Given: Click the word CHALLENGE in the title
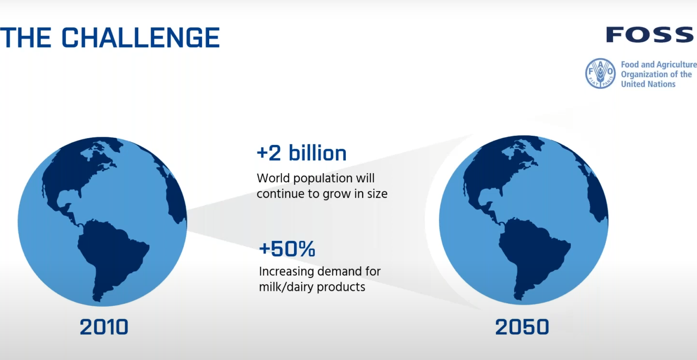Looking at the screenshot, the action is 141,38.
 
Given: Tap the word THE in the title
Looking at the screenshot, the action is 25,38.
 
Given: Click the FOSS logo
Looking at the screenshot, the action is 650,35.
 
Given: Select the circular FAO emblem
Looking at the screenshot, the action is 600,73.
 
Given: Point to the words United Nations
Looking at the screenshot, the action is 648,84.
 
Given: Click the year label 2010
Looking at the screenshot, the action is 104,327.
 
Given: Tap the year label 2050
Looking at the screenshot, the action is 522,327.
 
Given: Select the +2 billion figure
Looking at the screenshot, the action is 302,153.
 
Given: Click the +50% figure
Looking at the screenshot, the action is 287,249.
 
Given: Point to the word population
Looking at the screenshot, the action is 323,179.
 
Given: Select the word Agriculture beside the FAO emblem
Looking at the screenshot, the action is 676,65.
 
